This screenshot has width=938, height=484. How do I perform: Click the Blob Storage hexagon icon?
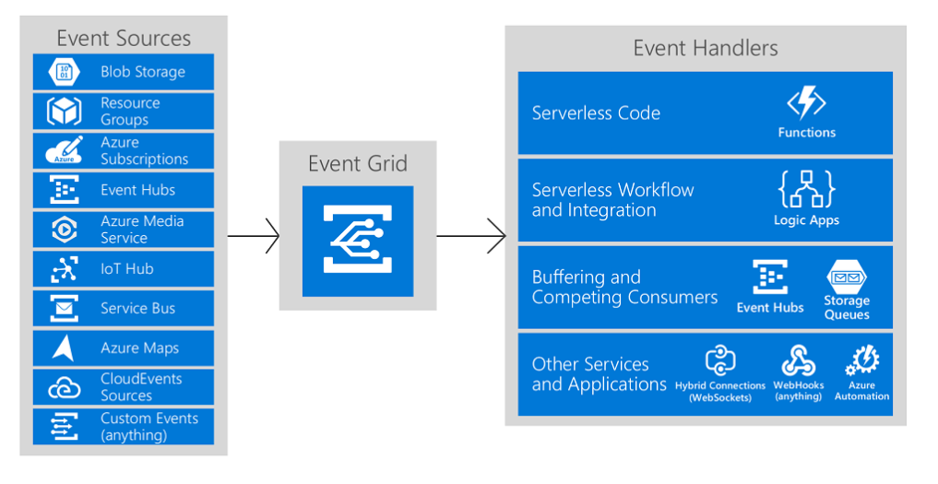tap(64, 72)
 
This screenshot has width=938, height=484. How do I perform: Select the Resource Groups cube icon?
tap(64, 111)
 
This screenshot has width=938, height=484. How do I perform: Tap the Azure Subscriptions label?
tap(144, 151)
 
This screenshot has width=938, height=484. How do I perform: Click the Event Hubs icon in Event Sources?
tap(64, 190)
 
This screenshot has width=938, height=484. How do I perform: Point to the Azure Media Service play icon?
tap(64, 230)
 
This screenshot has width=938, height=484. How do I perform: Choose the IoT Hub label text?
tap(127, 269)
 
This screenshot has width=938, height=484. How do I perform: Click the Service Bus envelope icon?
tap(64, 309)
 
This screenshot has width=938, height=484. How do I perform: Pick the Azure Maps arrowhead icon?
tap(64, 348)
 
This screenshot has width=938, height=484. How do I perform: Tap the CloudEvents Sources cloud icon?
tap(64, 388)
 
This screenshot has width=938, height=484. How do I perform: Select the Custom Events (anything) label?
tap(149, 427)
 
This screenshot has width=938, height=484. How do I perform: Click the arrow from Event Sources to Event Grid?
tap(254, 236)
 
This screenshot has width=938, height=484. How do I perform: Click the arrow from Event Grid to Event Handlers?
tap(471, 236)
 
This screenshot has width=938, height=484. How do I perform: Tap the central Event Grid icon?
tap(358, 241)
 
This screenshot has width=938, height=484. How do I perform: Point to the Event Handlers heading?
tap(706, 48)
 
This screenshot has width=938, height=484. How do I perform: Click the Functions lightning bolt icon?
tap(806, 103)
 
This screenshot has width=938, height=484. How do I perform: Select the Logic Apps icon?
tap(806, 189)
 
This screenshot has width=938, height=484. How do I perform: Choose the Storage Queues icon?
tap(847, 277)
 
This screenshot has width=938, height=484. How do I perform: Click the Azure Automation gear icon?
tap(862, 360)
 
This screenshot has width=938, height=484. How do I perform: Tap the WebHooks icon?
tap(799, 360)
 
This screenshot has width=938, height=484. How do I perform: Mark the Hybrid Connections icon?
tap(720, 360)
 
